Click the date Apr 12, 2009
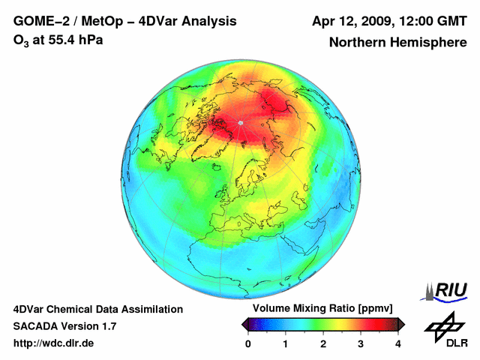[x=352, y=21]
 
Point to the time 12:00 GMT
[x=431, y=21]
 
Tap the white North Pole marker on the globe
[x=240, y=122]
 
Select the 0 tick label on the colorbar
[x=248, y=343]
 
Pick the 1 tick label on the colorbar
[x=286, y=343]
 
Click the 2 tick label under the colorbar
[x=323, y=343]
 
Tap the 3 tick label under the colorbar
[x=361, y=343]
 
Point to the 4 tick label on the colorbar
[x=398, y=343]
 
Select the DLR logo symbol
[x=444, y=325]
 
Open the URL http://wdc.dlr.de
[x=54, y=343]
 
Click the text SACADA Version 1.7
[x=64, y=326]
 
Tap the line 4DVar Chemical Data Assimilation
[x=97, y=309]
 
